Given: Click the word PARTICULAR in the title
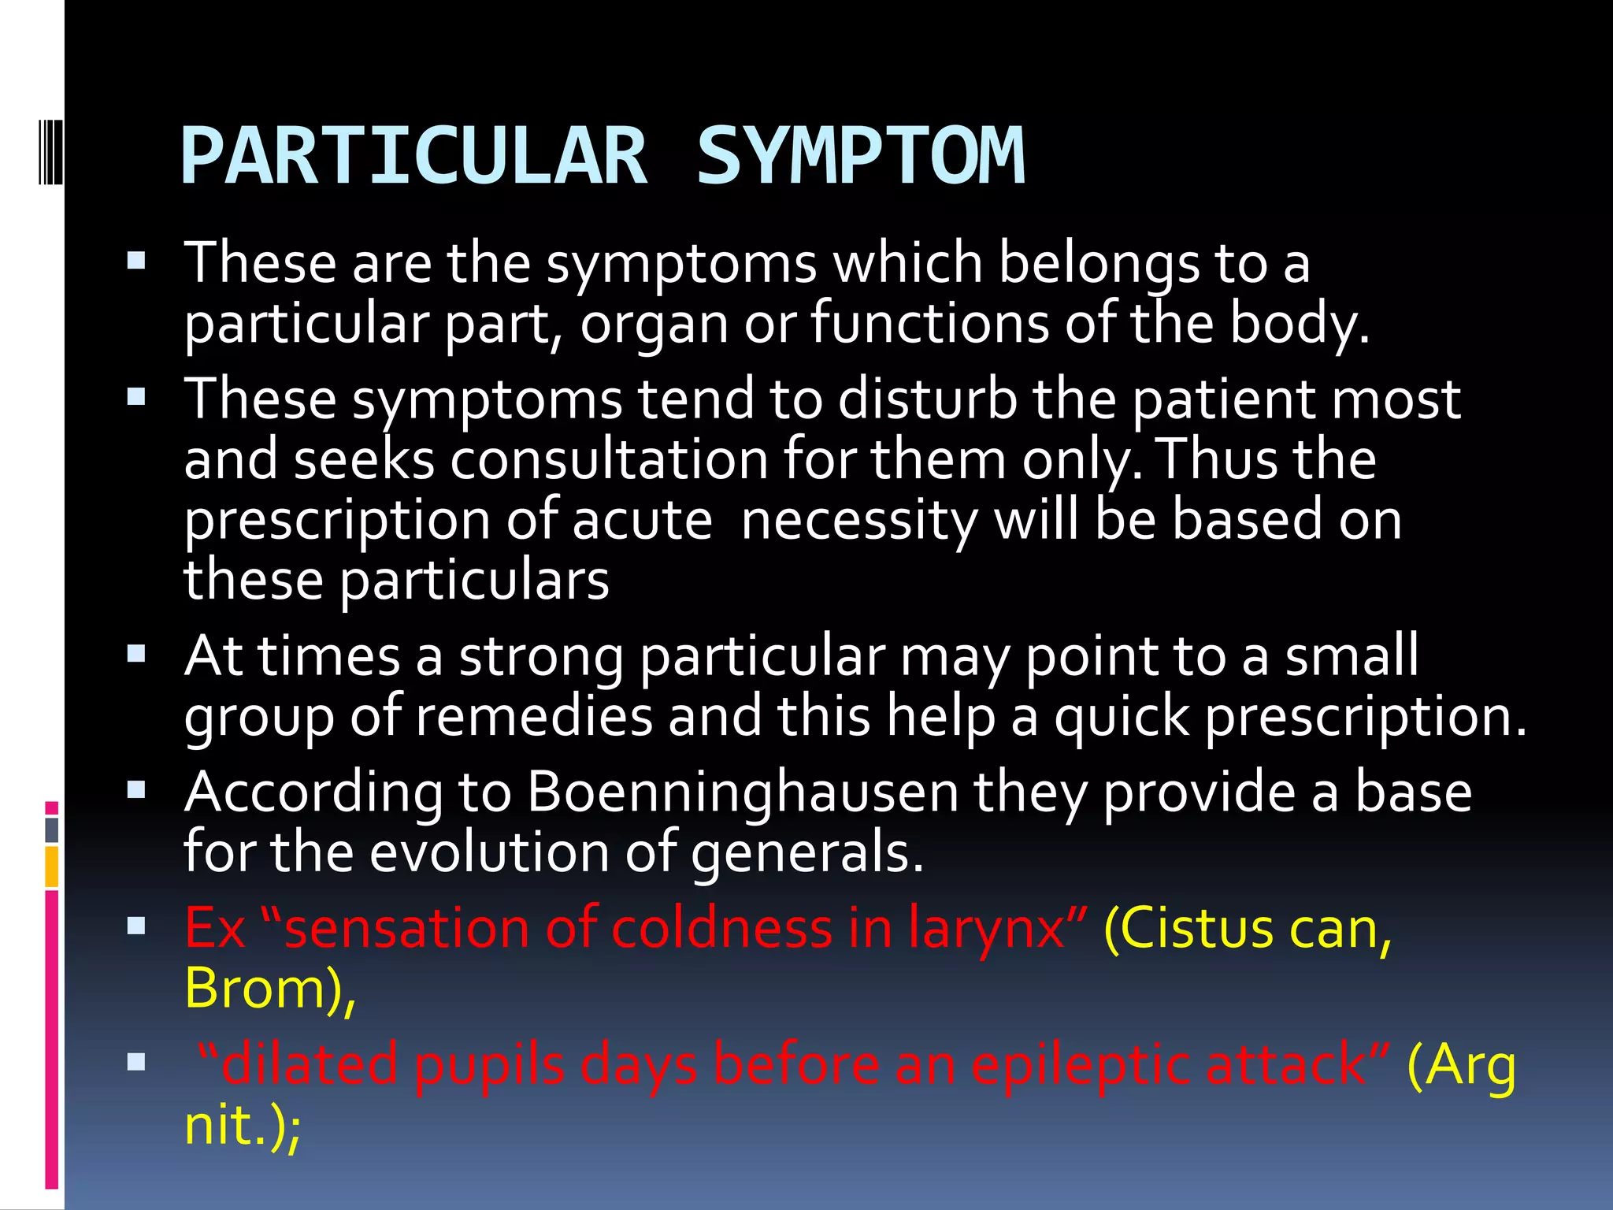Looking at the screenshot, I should click(x=413, y=158).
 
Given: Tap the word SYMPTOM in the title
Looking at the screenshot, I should click(x=861, y=158).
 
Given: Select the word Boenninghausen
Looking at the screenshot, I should click(x=742, y=792).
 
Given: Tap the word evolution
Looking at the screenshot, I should click(x=490, y=852).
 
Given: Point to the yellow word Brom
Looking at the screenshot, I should click(x=257, y=989).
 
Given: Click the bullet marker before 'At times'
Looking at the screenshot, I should click(x=136, y=654).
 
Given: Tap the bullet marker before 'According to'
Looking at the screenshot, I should click(x=136, y=790).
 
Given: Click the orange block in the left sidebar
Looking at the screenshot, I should click(x=52, y=866).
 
